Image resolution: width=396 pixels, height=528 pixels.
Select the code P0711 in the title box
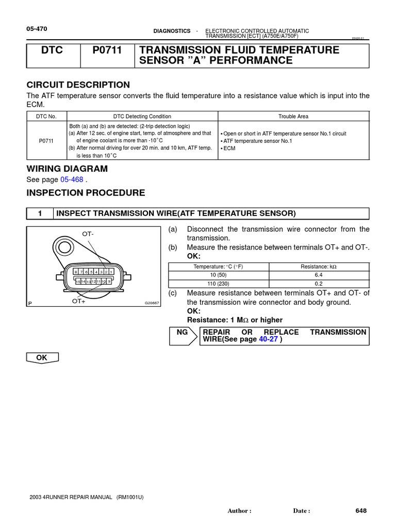107,50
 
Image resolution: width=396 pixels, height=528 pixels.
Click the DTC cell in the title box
53,50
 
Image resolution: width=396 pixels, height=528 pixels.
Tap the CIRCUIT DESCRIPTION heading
78,85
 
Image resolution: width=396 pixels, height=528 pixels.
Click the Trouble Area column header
293,117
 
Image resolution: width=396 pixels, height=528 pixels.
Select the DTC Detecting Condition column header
142,117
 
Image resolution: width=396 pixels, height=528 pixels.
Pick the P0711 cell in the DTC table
46,140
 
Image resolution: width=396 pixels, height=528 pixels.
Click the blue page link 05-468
72,179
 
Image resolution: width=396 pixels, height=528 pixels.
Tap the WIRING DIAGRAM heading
67,169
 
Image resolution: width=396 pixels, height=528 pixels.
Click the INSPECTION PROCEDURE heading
86,193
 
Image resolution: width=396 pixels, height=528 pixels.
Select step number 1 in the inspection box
40,213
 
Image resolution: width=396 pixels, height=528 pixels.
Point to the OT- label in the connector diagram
88,234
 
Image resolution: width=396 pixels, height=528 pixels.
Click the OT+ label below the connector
79,301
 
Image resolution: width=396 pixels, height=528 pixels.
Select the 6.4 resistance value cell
319,275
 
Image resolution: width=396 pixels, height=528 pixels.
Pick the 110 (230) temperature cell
219,284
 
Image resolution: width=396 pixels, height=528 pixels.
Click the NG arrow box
183,336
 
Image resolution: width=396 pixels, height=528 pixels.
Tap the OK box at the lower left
42,357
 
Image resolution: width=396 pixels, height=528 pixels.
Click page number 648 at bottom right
360,510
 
